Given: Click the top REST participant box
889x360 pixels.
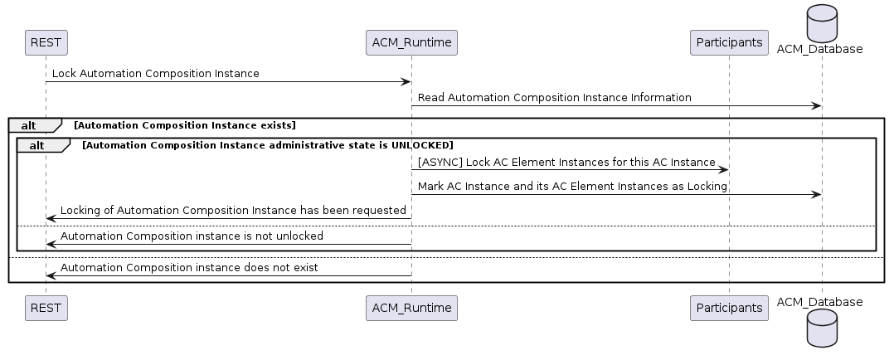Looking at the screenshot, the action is click(x=46, y=42).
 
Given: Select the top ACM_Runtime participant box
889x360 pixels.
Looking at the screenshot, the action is click(x=411, y=42).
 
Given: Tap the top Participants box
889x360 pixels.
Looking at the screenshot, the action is click(x=729, y=42).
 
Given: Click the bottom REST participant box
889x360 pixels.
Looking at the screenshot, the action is click(x=46, y=308).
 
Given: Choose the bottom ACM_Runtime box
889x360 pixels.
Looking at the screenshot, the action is click(x=411, y=308).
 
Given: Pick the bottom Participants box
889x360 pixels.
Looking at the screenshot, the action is click(x=729, y=308).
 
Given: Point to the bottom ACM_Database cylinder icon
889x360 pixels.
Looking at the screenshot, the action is click(x=822, y=328).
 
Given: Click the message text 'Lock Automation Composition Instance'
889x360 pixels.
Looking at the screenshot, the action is click(x=155, y=74).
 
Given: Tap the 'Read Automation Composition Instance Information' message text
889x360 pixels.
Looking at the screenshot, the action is click(x=555, y=98).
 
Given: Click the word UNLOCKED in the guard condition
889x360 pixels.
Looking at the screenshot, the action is click(x=422, y=145).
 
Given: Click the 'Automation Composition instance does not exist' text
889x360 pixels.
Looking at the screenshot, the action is click(x=189, y=268).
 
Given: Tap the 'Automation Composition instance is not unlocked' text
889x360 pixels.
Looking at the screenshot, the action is click(x=192, y=236).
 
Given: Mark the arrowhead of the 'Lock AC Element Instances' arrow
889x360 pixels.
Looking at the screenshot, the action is click(x=723, y=170).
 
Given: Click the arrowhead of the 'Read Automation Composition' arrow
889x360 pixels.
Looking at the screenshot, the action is click(x=816, y=106).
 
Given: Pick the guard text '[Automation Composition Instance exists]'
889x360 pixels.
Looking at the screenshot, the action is click(x=185, y=125).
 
